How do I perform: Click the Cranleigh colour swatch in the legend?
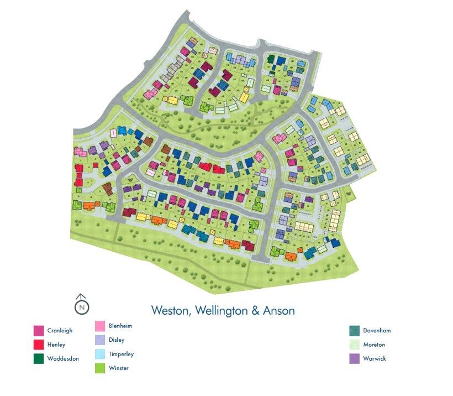pyautogui.click(x=39, y=331)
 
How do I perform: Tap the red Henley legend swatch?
pyautogui.click(x=39, y=345)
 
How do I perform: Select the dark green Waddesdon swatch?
pyautogui.click(x=39, y=358)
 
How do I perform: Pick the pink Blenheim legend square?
pyautogui.click(x=100, y=326)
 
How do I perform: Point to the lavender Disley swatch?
pyautogui.click(x=100, y=340)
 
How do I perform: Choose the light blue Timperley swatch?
pyautogui.click(x=100, y=354)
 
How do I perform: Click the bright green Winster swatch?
pyautogui.click(x=100, y=368)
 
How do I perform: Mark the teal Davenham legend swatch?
pyautogui.click(x=354, y=331)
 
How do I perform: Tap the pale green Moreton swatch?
pyautogui.click(x=354, y=345)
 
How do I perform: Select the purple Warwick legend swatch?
pyautogui.click(x=354, y=358)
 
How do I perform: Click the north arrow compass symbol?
pyautogui.click(x=81, y=304)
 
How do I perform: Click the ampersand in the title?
pyautogui.click(x=255, y=311)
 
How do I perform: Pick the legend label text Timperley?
pyautogui.click(x=122, y=354)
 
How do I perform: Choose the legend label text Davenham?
pyautogui.click(x=377, y=331)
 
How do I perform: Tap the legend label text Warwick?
pyautogui.click(x=374, y=358)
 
